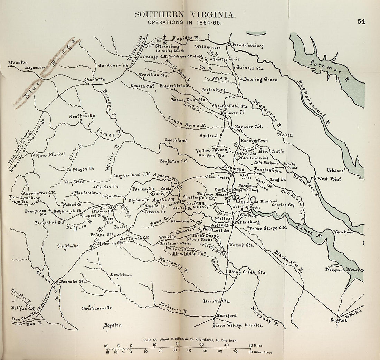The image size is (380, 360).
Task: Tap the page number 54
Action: tap(362, 21)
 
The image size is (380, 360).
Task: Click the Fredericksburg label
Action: tap(248, 45)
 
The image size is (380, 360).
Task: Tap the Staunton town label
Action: tap(18, 62)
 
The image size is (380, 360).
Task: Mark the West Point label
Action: tap(329, 179)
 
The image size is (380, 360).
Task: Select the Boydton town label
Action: tap(113, 325)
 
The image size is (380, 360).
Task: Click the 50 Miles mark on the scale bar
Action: tap(255, 345)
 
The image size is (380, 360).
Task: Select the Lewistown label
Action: tap(121, 275)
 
